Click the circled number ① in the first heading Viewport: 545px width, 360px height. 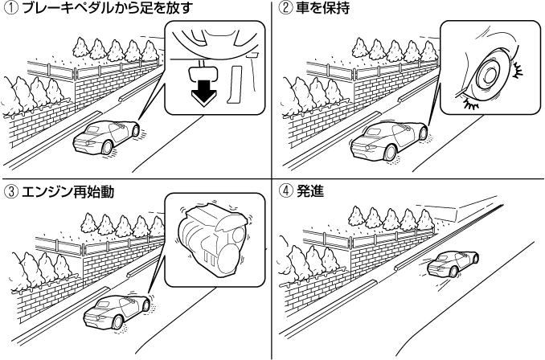8,9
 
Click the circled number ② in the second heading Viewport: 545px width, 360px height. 283,9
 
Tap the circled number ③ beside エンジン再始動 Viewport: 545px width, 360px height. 8,190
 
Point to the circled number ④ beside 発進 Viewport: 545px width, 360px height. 283,190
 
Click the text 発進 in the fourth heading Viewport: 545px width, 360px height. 306,190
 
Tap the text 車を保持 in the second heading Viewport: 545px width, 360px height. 316,9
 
